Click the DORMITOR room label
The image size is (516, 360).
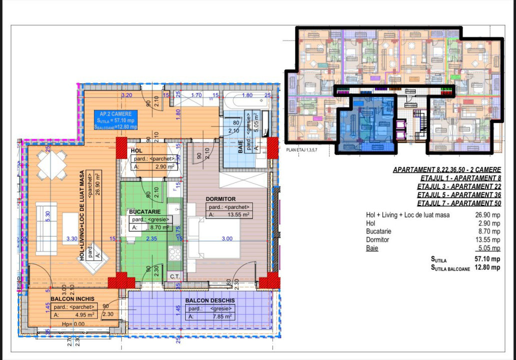click(x=221, y=198)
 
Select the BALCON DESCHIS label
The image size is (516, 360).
click(x=210, y=300)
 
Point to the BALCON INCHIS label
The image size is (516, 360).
click(x=71, y=298)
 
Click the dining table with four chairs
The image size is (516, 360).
click(x=53, y=164)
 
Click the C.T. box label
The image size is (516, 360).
click(x=175, y=276)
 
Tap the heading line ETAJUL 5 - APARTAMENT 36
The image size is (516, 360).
click(x=459, y=194)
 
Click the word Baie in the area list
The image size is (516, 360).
click(x=372, y=248)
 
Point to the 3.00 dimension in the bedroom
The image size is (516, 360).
click(x=227, y=239)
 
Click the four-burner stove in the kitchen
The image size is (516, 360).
click(x=175, y=254)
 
